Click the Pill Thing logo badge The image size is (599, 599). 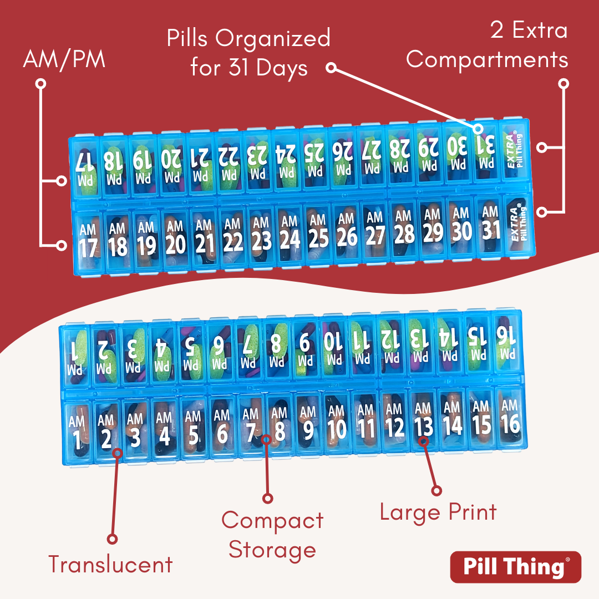pos(515,567)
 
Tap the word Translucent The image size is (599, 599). pos(110,565)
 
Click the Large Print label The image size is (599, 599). pos(438,512)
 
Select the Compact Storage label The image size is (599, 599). pos(272,535)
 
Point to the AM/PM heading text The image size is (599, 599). pos(64,60)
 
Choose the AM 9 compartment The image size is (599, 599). pos(308,424)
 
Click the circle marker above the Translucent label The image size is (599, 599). pos(112,539)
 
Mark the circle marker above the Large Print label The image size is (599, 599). pos(436,490)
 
